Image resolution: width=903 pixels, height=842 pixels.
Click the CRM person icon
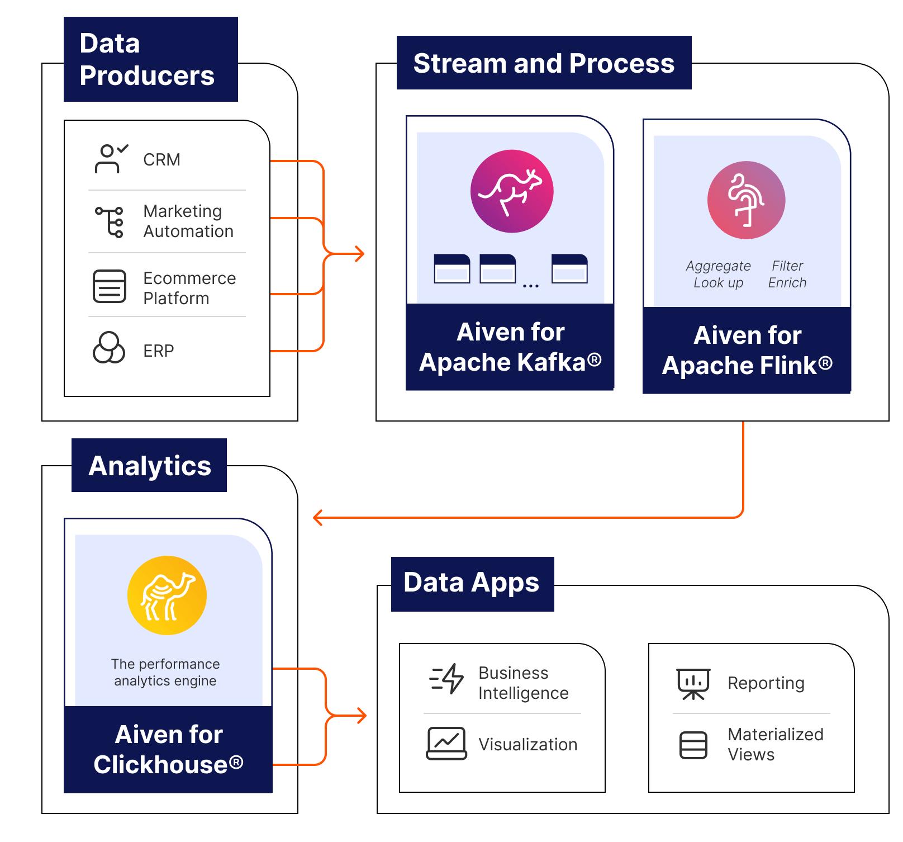click(110, 159)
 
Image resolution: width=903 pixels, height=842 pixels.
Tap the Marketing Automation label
click(188, 221)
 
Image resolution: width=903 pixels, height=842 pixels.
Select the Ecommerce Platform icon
click(110, 286)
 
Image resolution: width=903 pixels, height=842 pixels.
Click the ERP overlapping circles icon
click(108, 348)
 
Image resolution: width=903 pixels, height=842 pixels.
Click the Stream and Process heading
click(544, 63)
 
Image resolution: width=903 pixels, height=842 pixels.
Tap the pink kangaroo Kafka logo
click(511, 191)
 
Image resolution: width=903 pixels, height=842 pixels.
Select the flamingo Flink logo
click(746, 200)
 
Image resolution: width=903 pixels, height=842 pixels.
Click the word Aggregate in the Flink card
click(718, 266)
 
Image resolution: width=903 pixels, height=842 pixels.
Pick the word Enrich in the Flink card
click(787, 282)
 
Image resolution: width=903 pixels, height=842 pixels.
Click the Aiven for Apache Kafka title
click(510, 347)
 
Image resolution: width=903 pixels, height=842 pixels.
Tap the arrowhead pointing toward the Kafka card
click(360, 254)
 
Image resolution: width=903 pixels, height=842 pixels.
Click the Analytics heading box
click(149, 465)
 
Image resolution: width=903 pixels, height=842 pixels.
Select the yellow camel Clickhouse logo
click(167, 595)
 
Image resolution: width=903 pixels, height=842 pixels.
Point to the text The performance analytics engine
click(165, 672)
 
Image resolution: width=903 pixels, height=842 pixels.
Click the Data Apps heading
click(472, 583)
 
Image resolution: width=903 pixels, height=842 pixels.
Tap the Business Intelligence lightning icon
click(446, 679)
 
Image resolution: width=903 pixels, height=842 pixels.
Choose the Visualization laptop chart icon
click(446, 744)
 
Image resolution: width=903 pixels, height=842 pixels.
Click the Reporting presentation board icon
click(693, 683)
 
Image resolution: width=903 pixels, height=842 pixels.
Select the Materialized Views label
click(775, 744)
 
